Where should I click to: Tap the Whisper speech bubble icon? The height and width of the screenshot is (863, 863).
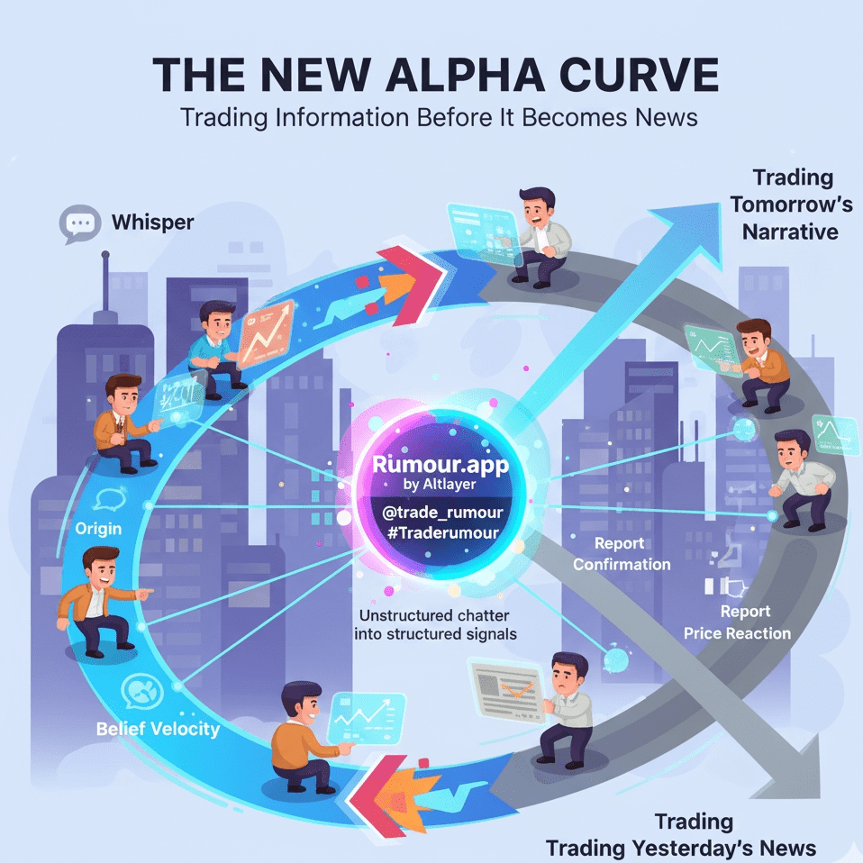coord(79,223)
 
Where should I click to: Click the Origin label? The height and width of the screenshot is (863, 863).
coord(98,528)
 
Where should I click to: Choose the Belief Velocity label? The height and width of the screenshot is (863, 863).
coord(158,729)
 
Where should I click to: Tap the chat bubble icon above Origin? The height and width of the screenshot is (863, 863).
coord(110,499)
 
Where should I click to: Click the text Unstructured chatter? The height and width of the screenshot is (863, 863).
coord(433,615)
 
